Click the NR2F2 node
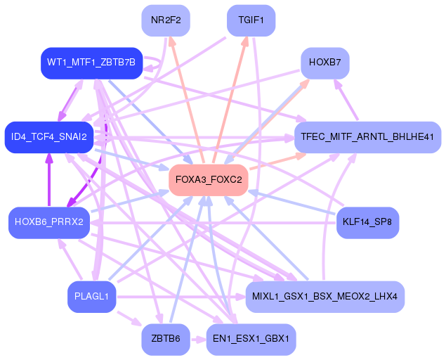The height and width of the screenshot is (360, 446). point(166,20)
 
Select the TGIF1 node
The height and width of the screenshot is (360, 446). point(251,20)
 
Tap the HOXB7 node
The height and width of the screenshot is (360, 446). point(324,63)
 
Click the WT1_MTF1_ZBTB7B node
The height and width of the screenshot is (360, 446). point(92,63)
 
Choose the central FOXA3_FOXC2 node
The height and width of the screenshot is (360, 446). point(209,180)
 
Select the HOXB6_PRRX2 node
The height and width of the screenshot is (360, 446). point(49,222)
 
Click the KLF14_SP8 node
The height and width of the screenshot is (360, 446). point(367,222)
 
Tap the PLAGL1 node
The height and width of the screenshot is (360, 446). point(91,296)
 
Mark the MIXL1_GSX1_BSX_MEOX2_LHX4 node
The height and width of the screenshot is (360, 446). point(324,296)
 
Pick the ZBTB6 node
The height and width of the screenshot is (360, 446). point(166,339)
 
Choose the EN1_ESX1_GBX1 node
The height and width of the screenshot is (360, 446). point(251,339)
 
